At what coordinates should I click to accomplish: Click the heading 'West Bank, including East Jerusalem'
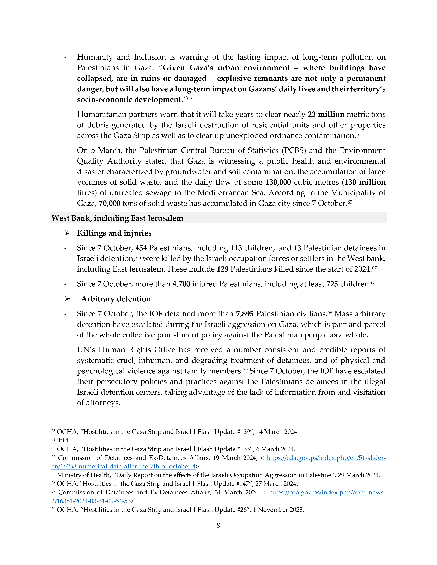(117, 218)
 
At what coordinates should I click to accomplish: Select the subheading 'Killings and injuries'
(114, 233)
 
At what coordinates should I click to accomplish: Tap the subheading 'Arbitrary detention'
(116, 299)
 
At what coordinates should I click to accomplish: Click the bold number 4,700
(181, 284)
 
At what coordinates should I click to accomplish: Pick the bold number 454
(141, 248)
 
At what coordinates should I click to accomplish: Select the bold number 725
(332, 284)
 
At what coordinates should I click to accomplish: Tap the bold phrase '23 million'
(326, 114)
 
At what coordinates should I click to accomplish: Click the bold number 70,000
(110, 203)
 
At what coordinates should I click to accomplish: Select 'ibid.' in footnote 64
(63, 440)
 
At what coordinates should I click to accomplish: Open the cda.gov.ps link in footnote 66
(326, 458)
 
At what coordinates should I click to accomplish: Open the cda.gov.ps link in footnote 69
(327, 492)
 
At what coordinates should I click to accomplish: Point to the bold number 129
(222, 269)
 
